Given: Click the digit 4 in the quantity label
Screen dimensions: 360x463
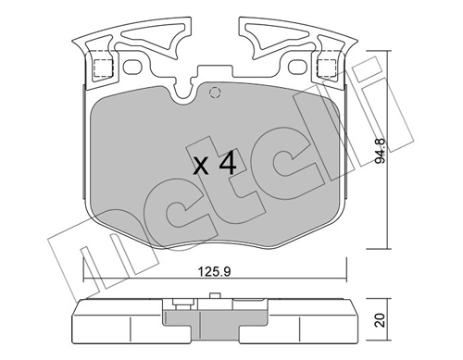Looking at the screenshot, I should pyautogui.click(x=227, y=166).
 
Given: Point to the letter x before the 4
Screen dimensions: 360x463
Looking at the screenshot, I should pyautogui.click(x=202, y=168).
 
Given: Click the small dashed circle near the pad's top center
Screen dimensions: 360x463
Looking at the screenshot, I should pyautogui.click(x=215, y=92).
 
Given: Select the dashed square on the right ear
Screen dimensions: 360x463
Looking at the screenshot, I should pyautogui.click(x=325, y=67).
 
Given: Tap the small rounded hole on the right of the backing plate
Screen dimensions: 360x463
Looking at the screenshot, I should pyautogui.click(x=299, y=66).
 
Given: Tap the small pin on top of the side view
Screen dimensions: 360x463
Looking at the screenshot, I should pyautogui.click(x=216, y=298).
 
